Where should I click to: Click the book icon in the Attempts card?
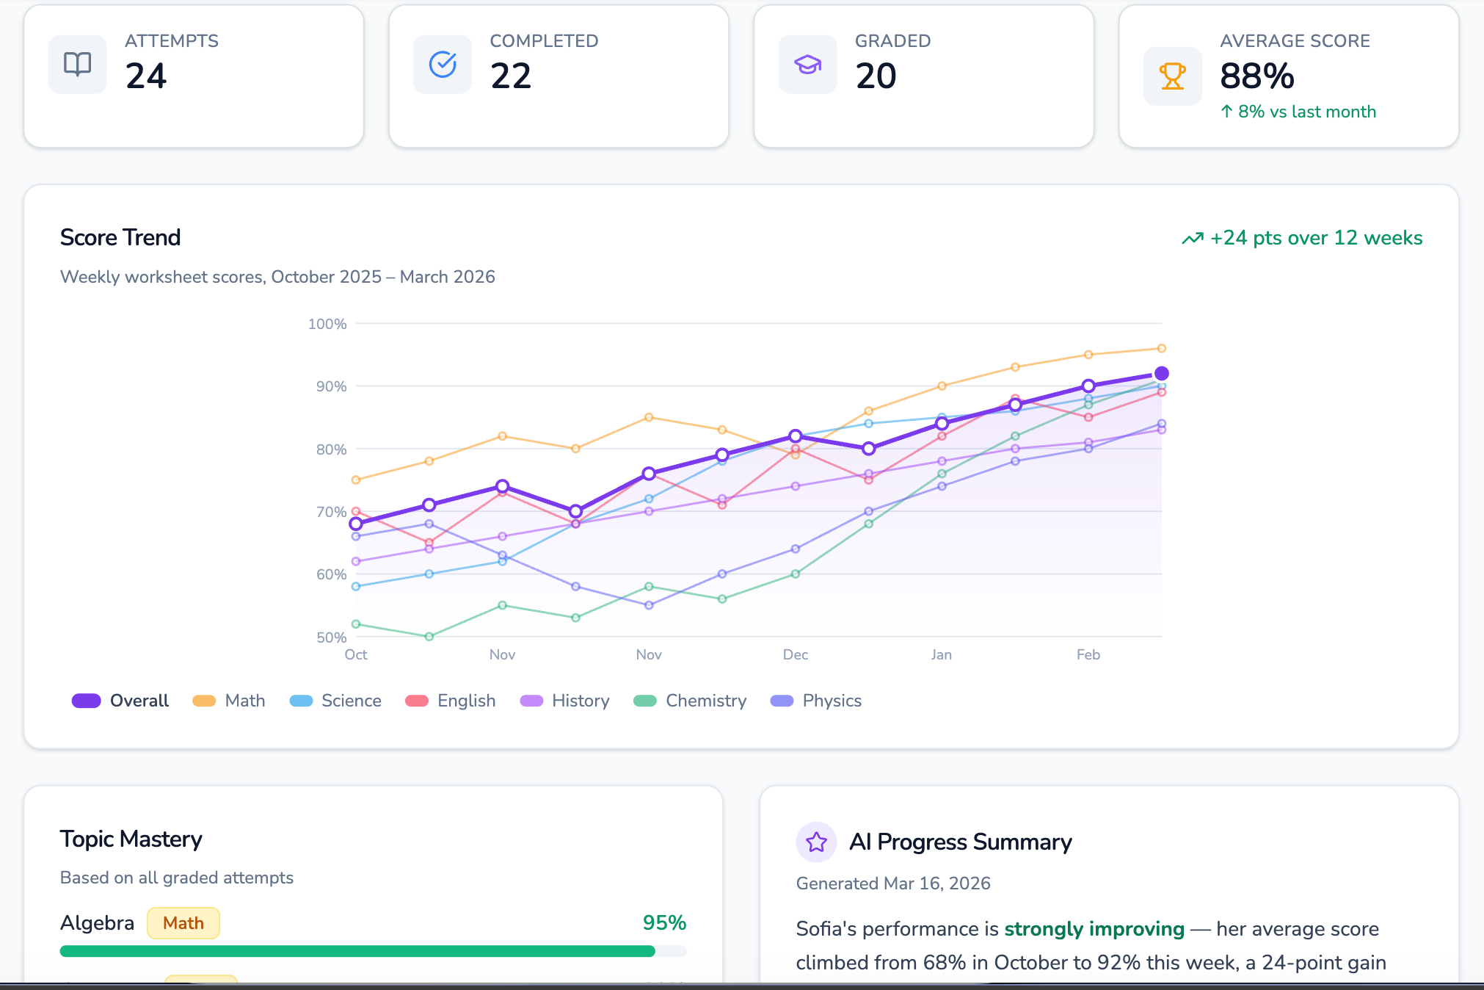[77, 65]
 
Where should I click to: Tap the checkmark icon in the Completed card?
[443, 65]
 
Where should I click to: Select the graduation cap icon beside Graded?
[807, 65]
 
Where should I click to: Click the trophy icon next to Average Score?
[1172, 76]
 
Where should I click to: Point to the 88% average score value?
[1256, 76]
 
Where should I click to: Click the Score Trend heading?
[120, 237]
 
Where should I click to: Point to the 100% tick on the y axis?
[327, 324]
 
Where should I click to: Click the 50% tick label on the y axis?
[331, 637]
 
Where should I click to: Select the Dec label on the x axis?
[795, 654]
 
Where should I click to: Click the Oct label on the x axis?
[356, 654]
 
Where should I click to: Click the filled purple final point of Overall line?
[1161, 374]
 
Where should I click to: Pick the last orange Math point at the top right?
[1161, 348]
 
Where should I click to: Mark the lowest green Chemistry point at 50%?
[429, 637]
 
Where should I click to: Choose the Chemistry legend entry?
[691, 701]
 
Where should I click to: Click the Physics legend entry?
[816, 701]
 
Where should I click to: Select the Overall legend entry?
[121, 701]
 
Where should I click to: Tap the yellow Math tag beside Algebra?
[183, 923]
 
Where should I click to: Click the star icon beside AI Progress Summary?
[816, 842]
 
